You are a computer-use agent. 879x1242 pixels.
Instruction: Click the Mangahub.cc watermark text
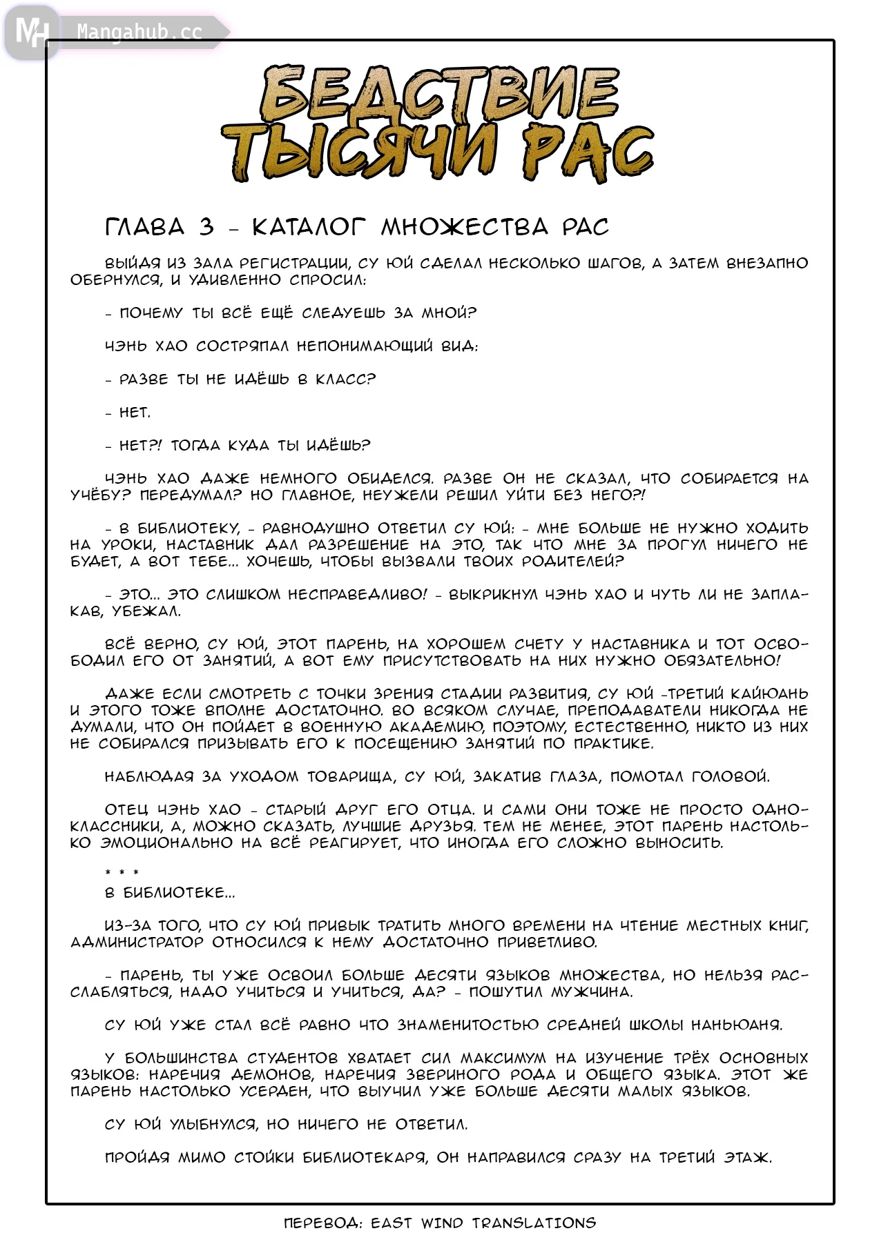(x=139, y=32)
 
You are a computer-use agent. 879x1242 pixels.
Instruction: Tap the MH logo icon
(x=32, y=32)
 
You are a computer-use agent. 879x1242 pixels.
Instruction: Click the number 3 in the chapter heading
(x=206, y=227)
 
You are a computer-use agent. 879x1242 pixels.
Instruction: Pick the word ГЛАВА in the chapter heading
(x=145, y=227)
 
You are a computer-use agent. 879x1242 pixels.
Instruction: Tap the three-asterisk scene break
(x=122, y=873)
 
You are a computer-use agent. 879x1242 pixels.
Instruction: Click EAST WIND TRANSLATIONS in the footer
(x=483, y=1223)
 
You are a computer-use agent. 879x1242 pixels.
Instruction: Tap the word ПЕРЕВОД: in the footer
(x=323, y=1223)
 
